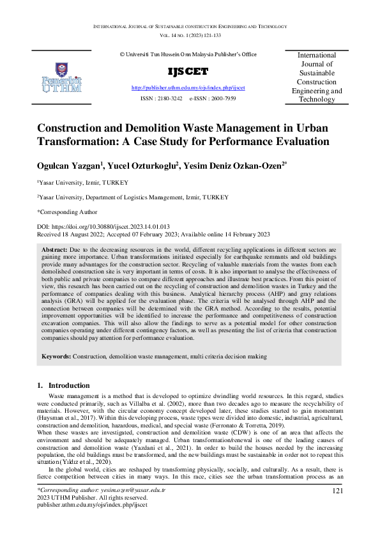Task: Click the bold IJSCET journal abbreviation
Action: click(x=187, y=71)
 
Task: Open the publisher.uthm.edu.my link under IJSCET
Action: click(x=188, y=87)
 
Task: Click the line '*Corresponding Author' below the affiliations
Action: click(x=67, y=211)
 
